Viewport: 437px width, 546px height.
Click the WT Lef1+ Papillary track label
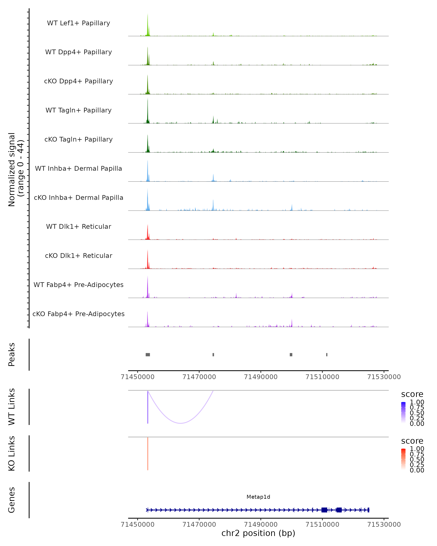(78, 23)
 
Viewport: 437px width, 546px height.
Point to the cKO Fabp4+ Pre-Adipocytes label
(78, 314)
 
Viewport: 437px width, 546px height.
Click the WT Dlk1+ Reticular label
(78, 226)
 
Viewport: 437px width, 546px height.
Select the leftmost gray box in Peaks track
(148, 355)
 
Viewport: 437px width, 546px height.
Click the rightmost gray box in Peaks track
(327, 355)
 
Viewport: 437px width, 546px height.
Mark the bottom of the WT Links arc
(180, 423)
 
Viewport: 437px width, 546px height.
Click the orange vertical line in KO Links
(148, 453)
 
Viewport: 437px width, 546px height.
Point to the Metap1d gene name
(258, 497)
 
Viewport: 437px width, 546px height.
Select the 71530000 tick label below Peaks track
(384, 377)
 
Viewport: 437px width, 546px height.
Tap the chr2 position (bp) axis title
(258, 533)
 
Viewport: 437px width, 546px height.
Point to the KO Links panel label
(12, 453)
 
